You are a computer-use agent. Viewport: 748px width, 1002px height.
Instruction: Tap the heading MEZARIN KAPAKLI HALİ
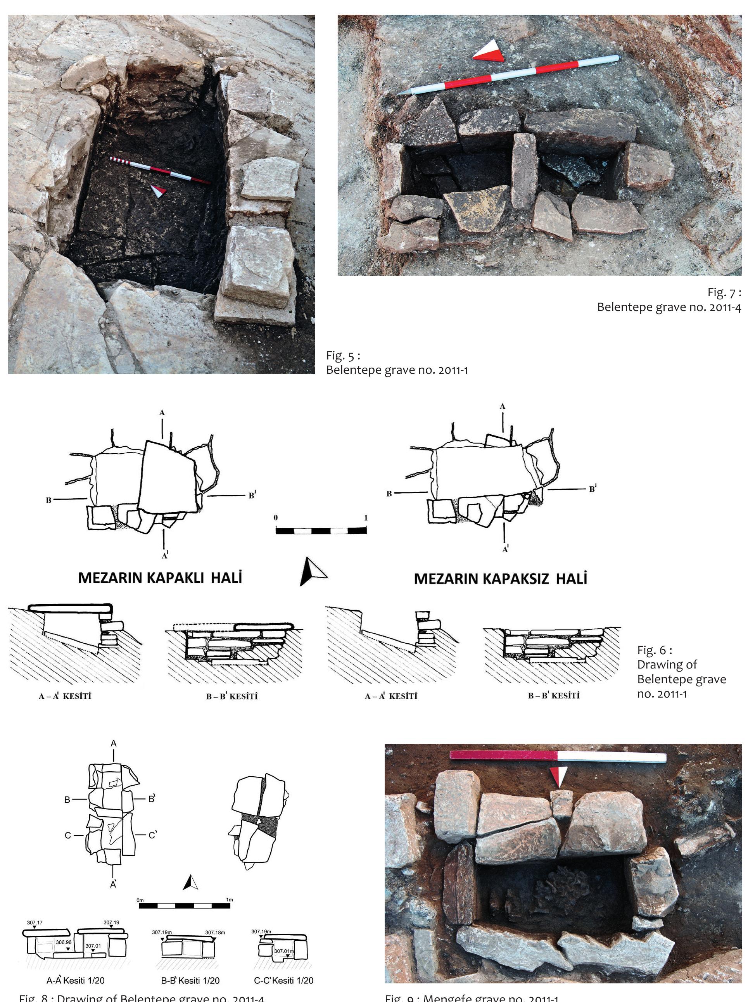coord(160,578)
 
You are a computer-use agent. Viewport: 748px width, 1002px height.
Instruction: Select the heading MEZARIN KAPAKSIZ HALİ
coord(500,579)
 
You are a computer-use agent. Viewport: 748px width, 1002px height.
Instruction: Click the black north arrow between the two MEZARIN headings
coord(311,572)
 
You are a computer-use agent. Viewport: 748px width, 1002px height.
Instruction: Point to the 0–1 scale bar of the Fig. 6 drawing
coord(321,530)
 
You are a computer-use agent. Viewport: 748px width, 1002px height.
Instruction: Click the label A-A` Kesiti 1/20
coord(75,981)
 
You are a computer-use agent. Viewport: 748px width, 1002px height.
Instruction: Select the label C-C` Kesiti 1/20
coord(283,981)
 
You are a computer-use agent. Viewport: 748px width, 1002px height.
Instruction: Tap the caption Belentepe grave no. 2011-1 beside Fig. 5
coord(397,370)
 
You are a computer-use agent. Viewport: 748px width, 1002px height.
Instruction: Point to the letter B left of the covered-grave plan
coord(48,500)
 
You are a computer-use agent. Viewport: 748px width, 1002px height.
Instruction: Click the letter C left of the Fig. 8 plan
coord(67,835)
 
